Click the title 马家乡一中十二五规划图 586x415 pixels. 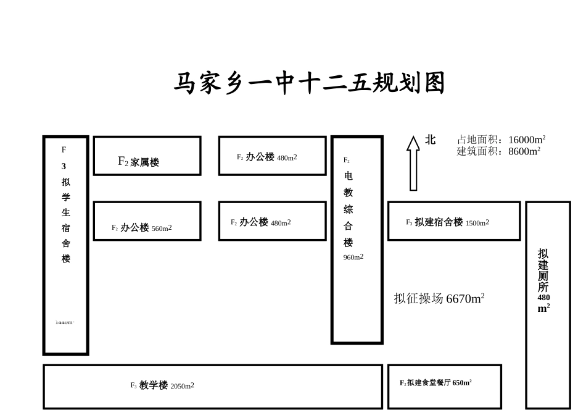coord(308,83)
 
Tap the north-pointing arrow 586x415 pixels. coord(413,163)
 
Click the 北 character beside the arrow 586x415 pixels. coord(430,140)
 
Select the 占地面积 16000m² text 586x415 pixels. coord(501,140)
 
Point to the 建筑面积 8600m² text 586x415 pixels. coord(498,151)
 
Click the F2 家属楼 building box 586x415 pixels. coord(147,156)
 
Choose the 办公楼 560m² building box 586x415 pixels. coord(147,221)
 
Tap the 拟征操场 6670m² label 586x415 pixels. coord(439,299)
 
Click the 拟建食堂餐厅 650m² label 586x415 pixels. coord(435,383)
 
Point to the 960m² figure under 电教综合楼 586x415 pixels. coord(353,257)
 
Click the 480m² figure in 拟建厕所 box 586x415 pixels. coord(543,303)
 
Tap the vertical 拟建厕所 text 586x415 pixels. coord(543,270)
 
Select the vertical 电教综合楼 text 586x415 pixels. coord(349,209)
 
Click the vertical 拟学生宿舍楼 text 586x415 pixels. coord(65,220)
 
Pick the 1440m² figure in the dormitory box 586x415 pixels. coord(65,322)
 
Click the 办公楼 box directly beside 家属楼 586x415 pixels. coord(272,156)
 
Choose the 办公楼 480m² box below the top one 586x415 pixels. coord(272,221)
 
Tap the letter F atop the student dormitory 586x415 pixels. coord(64,149)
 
